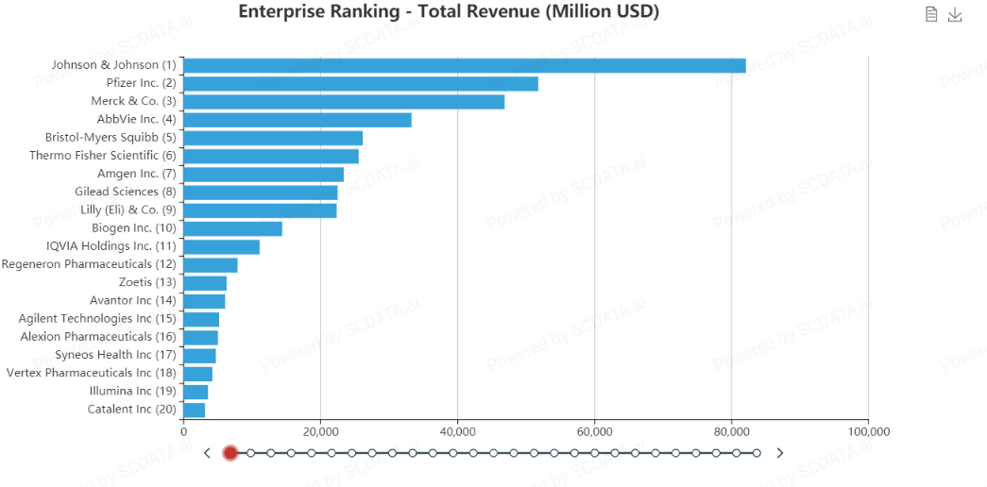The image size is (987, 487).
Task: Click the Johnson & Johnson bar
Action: click(x=464, y=65)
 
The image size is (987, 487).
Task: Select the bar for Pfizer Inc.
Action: click(x=360, y=83)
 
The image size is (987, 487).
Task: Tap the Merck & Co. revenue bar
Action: click(x=344, y=101)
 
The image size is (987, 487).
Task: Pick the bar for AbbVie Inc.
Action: click(x=297, y=120)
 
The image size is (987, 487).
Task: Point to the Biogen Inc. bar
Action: click(x=232, y=228)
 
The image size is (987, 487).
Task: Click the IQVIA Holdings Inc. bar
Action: click(x=221, y=246)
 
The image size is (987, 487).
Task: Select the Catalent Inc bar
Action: click(x=194, y=410)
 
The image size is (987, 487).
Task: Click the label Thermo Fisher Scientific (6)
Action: click(x=103, y=156)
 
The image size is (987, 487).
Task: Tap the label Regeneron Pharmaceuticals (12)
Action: click(x=89, y=264)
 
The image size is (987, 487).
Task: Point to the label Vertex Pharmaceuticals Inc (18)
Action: click(x=92, y=373)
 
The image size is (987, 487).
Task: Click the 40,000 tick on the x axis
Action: click(x=457, y=431)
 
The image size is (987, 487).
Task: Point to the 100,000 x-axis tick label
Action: click(x=868, y=431)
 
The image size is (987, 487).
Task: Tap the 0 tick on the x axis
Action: click(x=183, y=431)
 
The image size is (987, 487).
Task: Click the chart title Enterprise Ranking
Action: click(x=449, y=12)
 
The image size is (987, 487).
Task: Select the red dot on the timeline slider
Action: click(x=230, y=453)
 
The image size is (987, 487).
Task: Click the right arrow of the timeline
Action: click(x=780, y=453)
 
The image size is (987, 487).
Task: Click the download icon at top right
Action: click(x=955, y=14)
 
